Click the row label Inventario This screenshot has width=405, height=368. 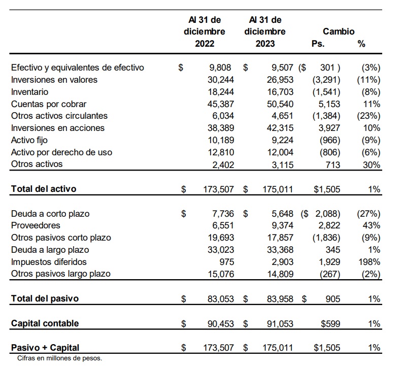pyautogui.click(x=30, y=92)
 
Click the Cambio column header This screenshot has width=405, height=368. pyautogui.click(x=339, y=31)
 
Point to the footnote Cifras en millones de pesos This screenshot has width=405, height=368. pyautogui.click(x=59, y=358)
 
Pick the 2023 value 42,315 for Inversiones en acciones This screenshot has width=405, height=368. pyautogui.click(x=280, y=128)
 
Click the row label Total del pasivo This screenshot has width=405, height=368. pyautogui.click(x=45, y=298)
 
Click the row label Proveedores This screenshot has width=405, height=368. pyautogui.click(x=36, y=225)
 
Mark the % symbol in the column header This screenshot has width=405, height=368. pyautogui.click(x=361, y=44)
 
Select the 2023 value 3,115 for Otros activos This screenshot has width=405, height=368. pyautogui.click(x=282, y=164)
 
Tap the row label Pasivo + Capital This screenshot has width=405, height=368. pyautogui.click(x=45, y=348)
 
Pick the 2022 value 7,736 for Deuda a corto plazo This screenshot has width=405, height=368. pyautogui.click(x=221, y=214)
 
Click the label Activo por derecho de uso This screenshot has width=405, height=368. pyautogui.click(x=61, y=152)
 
